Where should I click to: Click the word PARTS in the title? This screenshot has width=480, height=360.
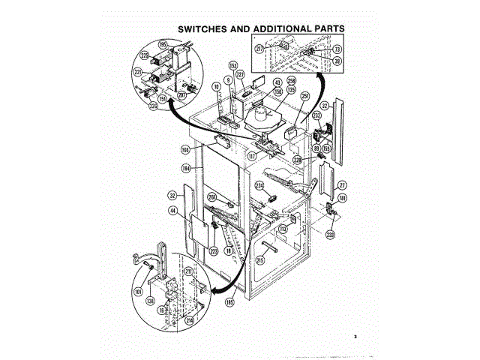pyautogui.click(x=324, y=29)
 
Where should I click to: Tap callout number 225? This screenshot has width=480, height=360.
pyautogui.click(x=144, y=56)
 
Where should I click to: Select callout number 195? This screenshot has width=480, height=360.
pyautogui.click(x=162, y=45)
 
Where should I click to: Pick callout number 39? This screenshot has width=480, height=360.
pyautogui.click(x=337, y=61)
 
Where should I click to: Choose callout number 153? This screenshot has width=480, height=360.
pyautogui.click(x=232, y=66)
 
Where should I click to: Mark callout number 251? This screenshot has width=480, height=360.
pyautogui.click(x=305, y=97)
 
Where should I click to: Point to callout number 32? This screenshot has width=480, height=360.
pyautogui.click(x=172, y=195)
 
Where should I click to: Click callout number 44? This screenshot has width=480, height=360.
pyautogui.click(x=173, y=211)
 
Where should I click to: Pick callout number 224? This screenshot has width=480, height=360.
pyautogui.click(x=259, y=184)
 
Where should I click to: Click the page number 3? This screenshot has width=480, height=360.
pyautogui.click(x=355, y=336)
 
